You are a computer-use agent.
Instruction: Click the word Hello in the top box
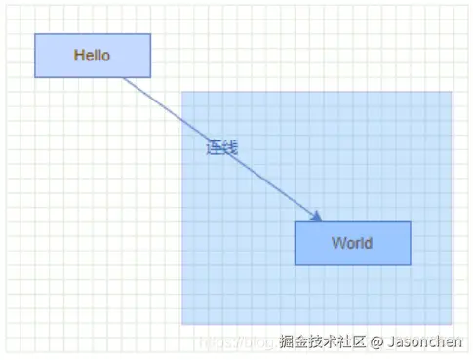[x=92, y=56]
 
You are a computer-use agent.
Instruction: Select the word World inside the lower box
[x=351, y=243]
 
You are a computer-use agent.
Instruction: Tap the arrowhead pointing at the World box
[x=318, y=218]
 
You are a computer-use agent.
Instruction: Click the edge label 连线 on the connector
[x=221, y=147]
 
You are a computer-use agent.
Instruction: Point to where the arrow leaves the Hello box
[x=124, y=78]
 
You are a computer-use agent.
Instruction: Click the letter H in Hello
[x=78, y=56]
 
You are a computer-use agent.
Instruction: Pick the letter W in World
[x=337, y=243]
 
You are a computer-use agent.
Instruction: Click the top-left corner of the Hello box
[x=35, y=34]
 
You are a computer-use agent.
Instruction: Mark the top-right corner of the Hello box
[x=150, y=34]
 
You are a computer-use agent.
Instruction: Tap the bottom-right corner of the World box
[x=411, y=264]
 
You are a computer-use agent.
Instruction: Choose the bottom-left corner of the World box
[x=296, y=264]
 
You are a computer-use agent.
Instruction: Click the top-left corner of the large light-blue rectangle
[x=182, y=93]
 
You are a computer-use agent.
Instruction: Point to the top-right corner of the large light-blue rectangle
[x=452, y=93]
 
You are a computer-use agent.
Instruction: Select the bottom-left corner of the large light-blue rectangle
[x=182, y=324]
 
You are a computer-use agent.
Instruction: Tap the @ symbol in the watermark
[x=376, y=341]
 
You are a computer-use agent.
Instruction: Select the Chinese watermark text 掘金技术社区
[x=322, y=341]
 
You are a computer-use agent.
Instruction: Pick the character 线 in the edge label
[x=230, y=147]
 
